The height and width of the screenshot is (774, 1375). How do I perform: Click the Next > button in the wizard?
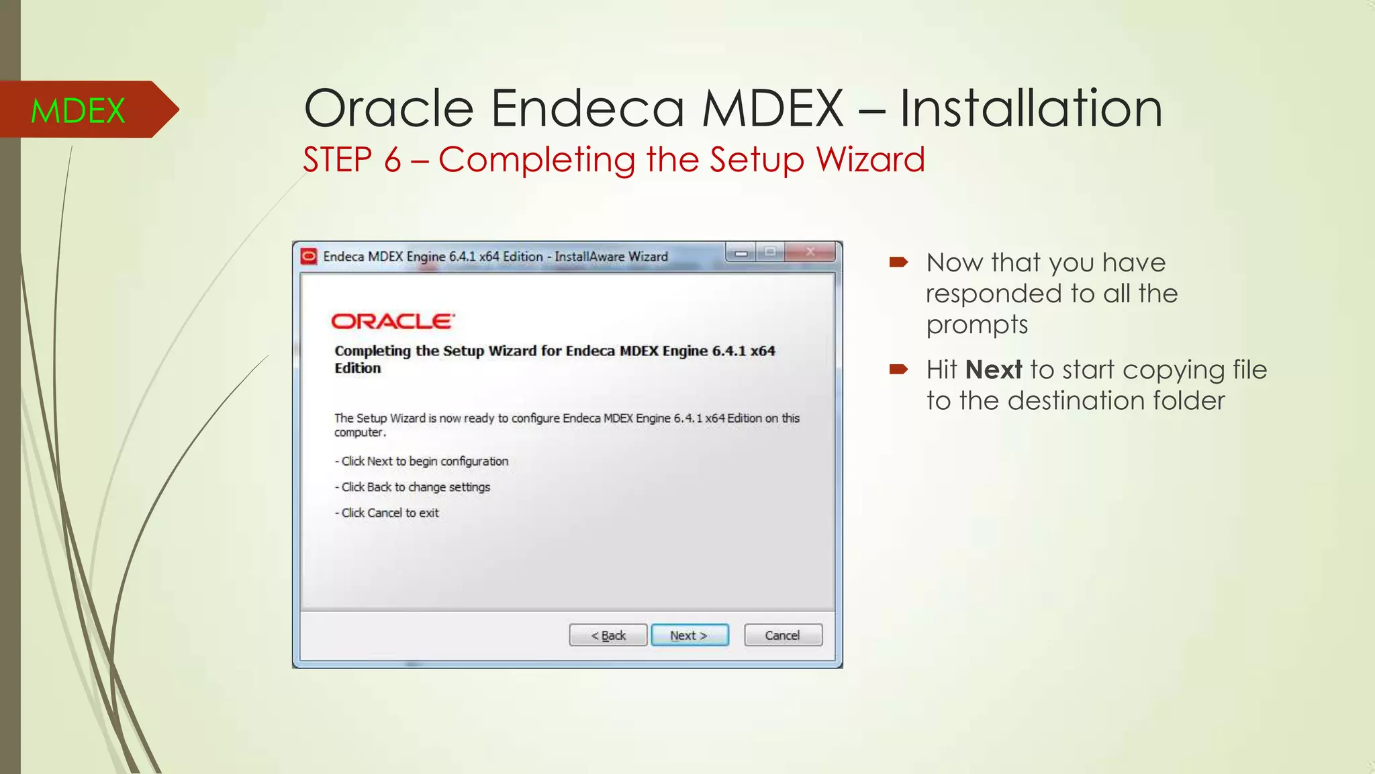coord(690,635)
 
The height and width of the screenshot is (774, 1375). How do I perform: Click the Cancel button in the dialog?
coord(783,635)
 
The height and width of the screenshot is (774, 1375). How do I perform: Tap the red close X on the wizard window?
coord(810,253)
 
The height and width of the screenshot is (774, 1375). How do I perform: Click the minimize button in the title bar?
coord(741,253)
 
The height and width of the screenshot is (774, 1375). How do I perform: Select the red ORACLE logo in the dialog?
coord(393,321)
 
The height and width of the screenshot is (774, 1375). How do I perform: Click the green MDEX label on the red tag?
coord(78,111)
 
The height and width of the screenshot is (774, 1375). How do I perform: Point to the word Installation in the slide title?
coord(1031,108)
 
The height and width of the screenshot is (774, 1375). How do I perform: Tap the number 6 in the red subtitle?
coord(393,160)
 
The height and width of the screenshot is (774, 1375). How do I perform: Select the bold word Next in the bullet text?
coord(994,370)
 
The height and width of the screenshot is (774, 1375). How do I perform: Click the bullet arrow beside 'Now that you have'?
coord(898,262)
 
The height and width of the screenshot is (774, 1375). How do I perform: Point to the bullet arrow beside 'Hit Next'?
coord(898,369)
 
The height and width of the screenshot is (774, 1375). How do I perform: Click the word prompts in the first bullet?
coord(977,325)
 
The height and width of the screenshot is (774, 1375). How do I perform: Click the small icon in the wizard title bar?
coord(309,256)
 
